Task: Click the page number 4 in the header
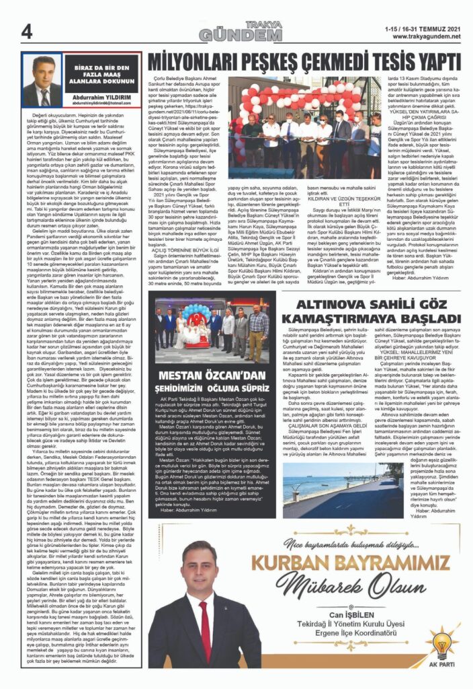click(x=28, y=31)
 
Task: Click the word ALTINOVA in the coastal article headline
click(x=321, y=290)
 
